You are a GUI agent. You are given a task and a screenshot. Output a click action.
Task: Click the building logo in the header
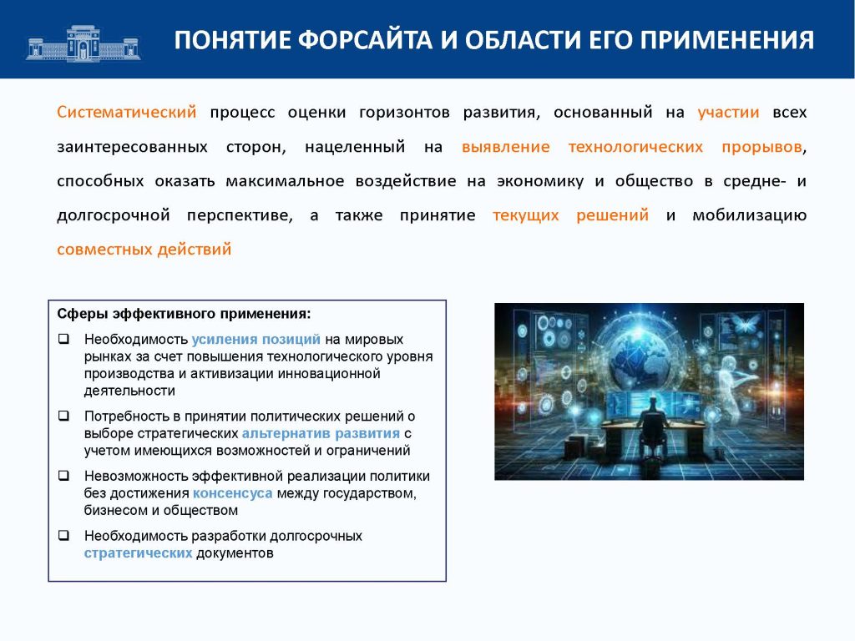(x=83, y=43)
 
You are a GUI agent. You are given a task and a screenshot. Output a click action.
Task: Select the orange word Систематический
(x=127, y=113)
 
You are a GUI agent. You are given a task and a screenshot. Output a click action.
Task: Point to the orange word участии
(x=728, y=113)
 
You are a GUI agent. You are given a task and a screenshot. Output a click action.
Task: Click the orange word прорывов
(x=761, y=147)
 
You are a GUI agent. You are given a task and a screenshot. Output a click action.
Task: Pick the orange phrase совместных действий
(x=144, y=250)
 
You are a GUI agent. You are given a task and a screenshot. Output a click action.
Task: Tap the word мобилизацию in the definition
(x=749, y=216)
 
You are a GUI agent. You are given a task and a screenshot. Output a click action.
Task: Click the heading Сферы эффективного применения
(x=184, y=314)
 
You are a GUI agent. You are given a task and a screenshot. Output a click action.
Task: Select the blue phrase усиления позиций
(x=255, y=340)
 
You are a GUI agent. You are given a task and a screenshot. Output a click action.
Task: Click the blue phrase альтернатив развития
(x=321, y=433)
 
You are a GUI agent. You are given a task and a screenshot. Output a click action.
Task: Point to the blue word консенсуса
(x=232, y=493)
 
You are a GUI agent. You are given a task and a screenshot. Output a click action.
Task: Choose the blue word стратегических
(x=138, y=553)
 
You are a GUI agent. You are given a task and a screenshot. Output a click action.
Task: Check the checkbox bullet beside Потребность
(x=63, y=416)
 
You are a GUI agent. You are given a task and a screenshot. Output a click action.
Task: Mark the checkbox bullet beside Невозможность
(x=63, y=476)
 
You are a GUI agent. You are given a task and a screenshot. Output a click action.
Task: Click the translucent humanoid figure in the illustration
(x=730, y=391)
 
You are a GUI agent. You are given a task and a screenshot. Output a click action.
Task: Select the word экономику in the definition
(x=540, y=181)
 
